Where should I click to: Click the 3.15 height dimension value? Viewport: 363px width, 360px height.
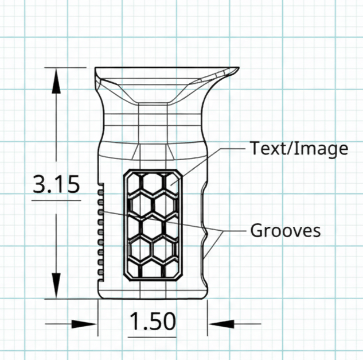coord(56,185)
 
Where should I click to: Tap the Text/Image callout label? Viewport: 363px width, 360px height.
coord(299,148)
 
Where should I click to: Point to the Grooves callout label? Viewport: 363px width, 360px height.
coord(285,231)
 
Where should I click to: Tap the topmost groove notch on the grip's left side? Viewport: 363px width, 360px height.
coord(100,188)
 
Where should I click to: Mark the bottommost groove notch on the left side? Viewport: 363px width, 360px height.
coord(100,270)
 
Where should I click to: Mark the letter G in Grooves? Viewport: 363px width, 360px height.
coord(256,231)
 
